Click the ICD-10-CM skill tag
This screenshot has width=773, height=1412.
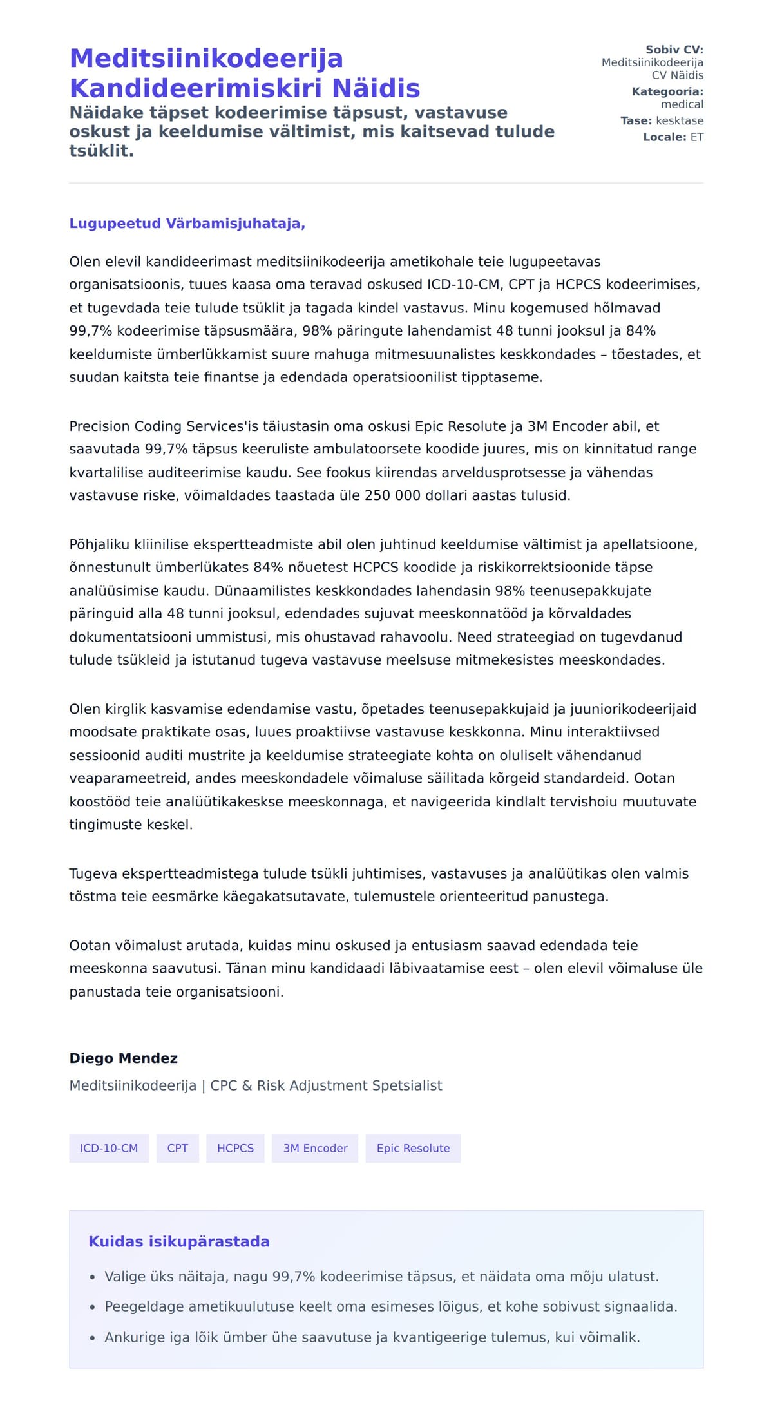click(109, 1148)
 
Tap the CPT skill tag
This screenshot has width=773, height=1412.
click(177, 1148)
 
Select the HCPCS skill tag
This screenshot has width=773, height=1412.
click(235, 1148)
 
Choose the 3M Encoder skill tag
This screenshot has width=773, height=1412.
click(315, 1148)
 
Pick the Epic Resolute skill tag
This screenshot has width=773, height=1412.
click(413, 1148)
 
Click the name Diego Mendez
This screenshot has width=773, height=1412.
click(123, 1058)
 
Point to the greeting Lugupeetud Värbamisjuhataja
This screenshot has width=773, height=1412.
click(187, 224)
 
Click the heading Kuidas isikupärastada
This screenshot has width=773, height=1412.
click(178, 1241)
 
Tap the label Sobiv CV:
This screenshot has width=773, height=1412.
click(674, 50)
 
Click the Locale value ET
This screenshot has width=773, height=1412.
click(696, 137)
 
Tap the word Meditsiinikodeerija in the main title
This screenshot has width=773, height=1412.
click(206, 59)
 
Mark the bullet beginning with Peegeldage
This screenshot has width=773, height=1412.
click(390, 1306)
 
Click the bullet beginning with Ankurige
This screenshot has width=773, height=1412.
click(372, 1337)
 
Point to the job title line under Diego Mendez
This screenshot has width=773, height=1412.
click(255, 1085)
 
